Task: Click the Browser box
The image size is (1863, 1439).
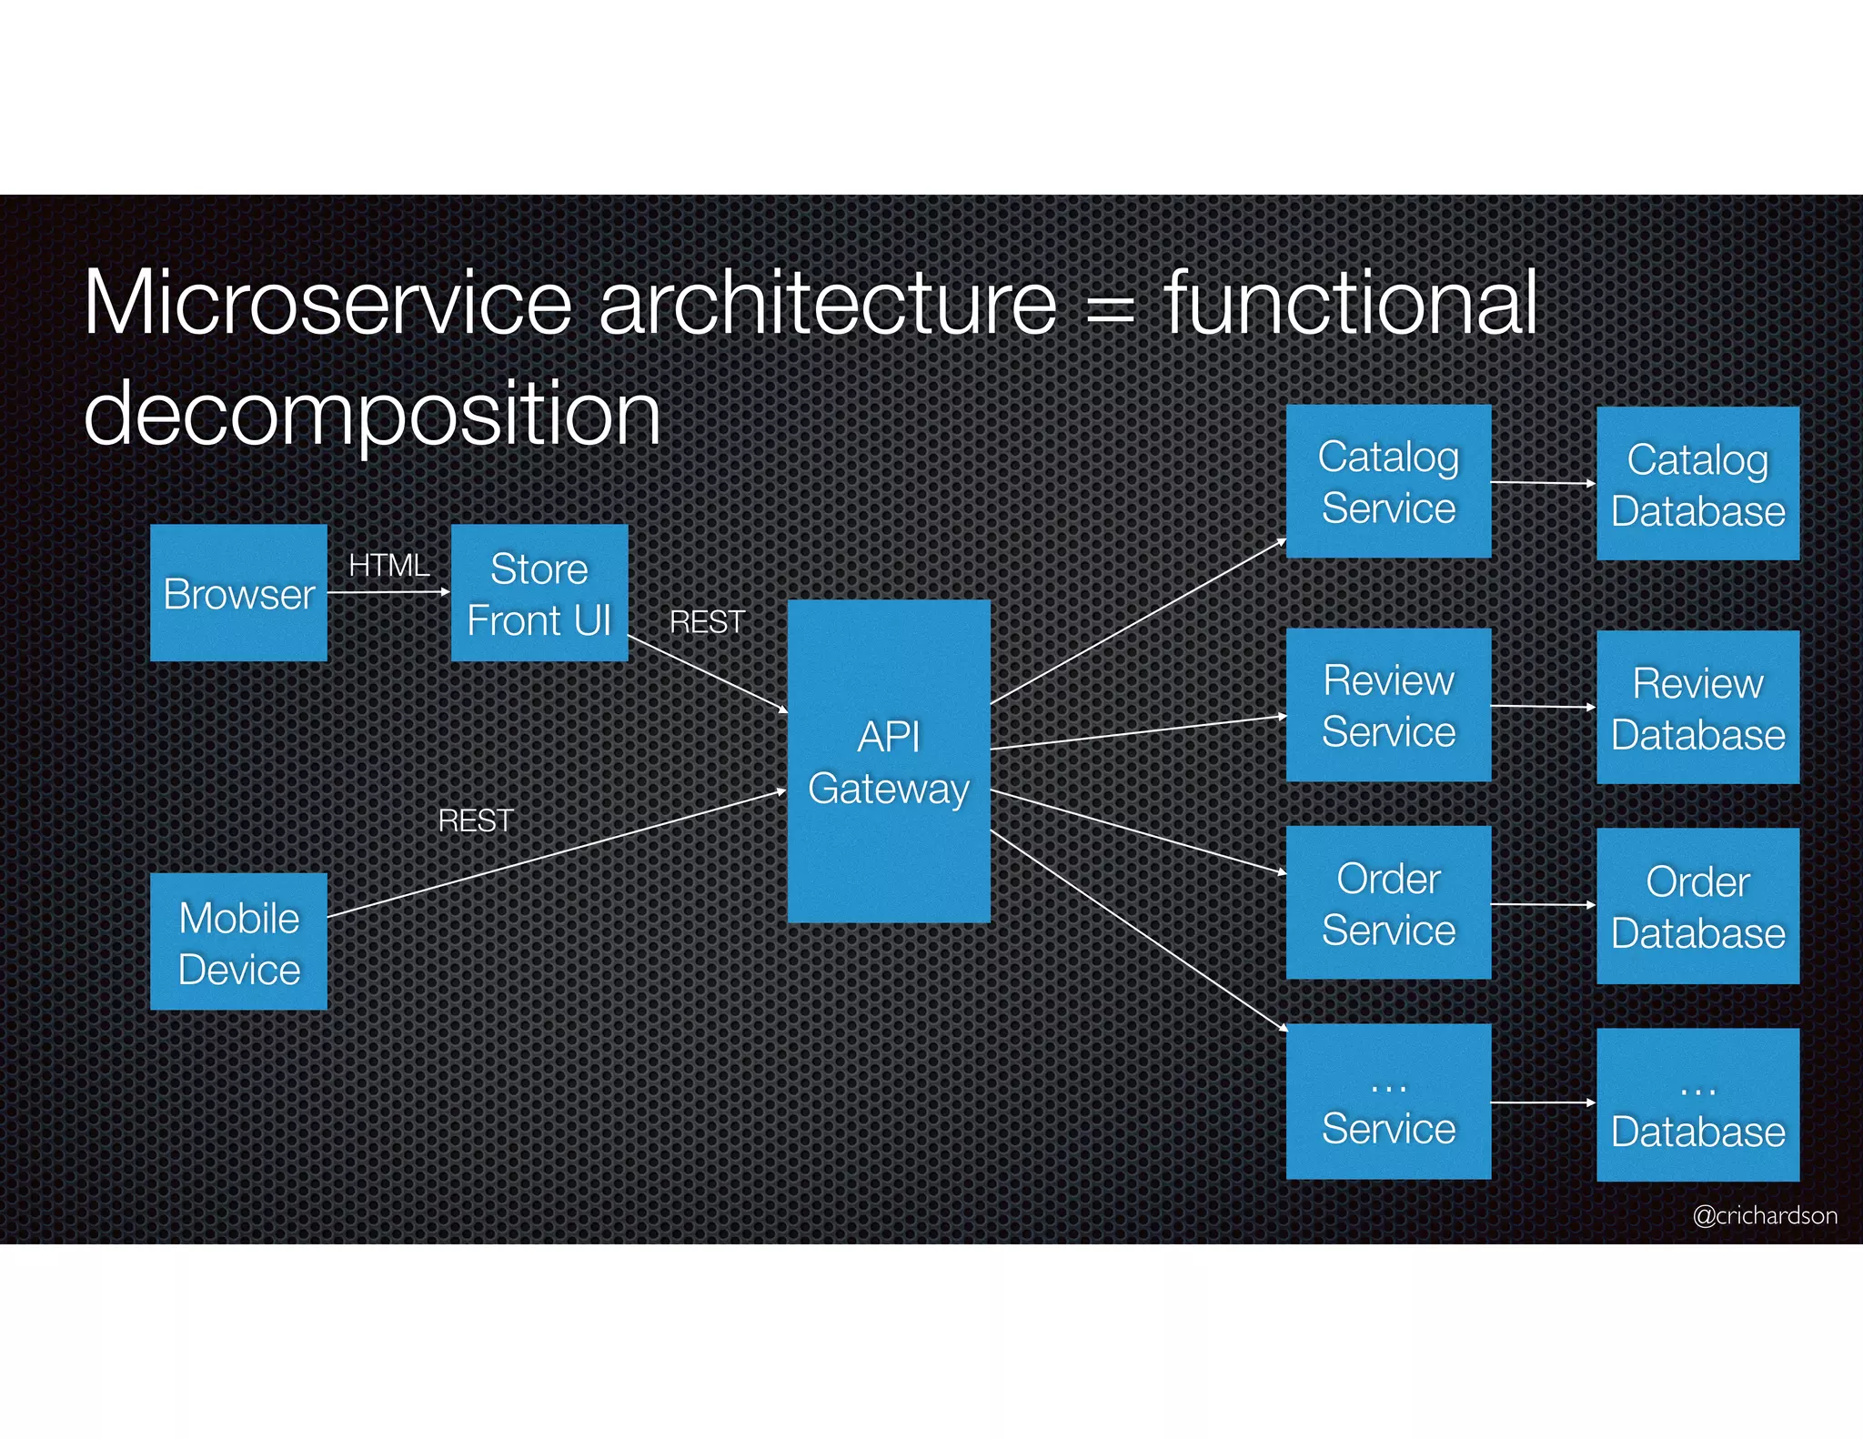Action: coord(238,593)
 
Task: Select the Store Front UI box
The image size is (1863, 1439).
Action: coord(539,593)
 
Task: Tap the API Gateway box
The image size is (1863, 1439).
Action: coord(889,761)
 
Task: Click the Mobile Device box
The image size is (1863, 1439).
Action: coord(238,942)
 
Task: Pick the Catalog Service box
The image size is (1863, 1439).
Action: coord(1388,481)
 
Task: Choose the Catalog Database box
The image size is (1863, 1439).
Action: coord(1697,484)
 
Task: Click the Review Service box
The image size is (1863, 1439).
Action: coord(1388,705)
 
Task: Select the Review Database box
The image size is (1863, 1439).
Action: coord(1697,708)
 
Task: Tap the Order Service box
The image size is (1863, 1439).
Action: coord(1388,903)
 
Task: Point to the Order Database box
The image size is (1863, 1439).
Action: coord(1697,906)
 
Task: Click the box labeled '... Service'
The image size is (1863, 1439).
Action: coord(1388,1102)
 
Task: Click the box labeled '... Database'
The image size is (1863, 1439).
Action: coord(1697,1105)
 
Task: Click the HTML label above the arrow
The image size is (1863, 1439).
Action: coord(389,566)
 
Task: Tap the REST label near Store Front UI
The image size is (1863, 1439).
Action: coord(707,622)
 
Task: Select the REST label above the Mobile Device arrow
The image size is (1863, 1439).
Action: coord(476,821)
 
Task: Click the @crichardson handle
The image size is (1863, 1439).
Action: coord(1764,1215)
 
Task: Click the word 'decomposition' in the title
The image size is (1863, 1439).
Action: coord(372,414)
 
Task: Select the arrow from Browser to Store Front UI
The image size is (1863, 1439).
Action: coord(388,592)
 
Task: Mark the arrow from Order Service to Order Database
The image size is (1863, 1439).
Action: coord(1543,905)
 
